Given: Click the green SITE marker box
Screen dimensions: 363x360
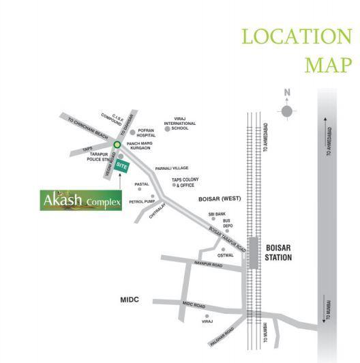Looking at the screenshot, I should tap(122, 166).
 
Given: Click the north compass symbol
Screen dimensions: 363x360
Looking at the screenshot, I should tap(287, 109).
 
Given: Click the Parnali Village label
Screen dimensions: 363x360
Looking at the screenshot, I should tap(171, 167).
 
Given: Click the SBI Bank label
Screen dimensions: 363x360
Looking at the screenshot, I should tap(217, 214).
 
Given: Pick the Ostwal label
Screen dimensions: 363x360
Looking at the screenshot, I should tap(226, 255).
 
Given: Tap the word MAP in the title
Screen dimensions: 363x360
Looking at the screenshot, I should tap(327, 64).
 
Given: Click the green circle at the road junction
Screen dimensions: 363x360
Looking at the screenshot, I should tap(117, 145).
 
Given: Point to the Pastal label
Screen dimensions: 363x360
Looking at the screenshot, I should tap(142, 184).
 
